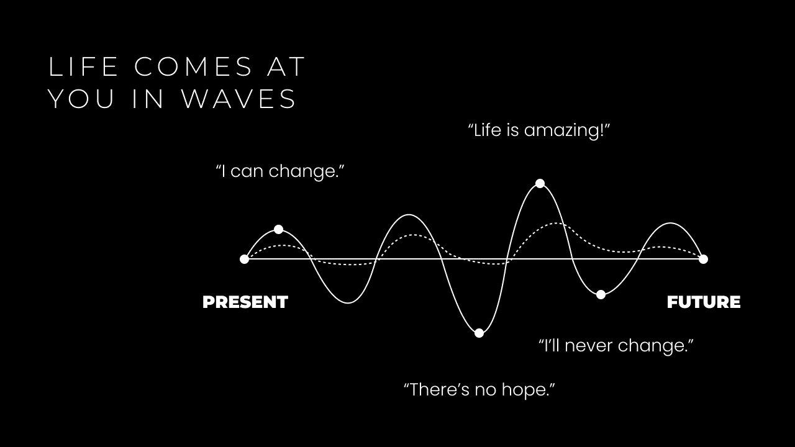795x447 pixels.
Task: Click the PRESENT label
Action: pyautogui.click(x=245, y=302)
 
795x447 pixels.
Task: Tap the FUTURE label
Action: pyautogui.click(x=704, y=302)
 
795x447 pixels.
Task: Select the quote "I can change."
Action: pyautogui.click(x=280, y=171)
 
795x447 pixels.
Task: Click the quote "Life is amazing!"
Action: pyautogui.click(x=538, y=130)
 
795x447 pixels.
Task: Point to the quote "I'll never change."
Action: pyautogui.click(x=616, y=345)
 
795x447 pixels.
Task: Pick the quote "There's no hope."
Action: pyautogui.click(x=479, y=389)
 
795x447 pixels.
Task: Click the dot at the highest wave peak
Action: pyautogui.click(x=540, y=183)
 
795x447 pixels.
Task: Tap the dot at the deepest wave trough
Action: pyautogui.click(x=479, y=333)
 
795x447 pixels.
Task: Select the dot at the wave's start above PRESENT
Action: pyautogui.click(x=244, y=260)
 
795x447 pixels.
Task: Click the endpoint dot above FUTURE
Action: pyautogui.click(x=704, y=260)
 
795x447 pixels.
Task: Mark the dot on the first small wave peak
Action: pyautogui.click(x=279, y=229)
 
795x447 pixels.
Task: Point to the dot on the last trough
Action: pyautogui.click(x=601, y=294)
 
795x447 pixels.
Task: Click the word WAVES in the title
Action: pyautogui.click(x=239, y=99)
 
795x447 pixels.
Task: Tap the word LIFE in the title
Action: pyautogui.click(x=83, y=66)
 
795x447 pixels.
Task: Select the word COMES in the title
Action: pyautogui.click(x=193, y=66)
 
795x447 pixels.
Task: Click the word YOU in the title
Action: pyautogui.click(x=81, y=99)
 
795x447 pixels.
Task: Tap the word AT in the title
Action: pyautogui.click(x=286, y=66)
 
